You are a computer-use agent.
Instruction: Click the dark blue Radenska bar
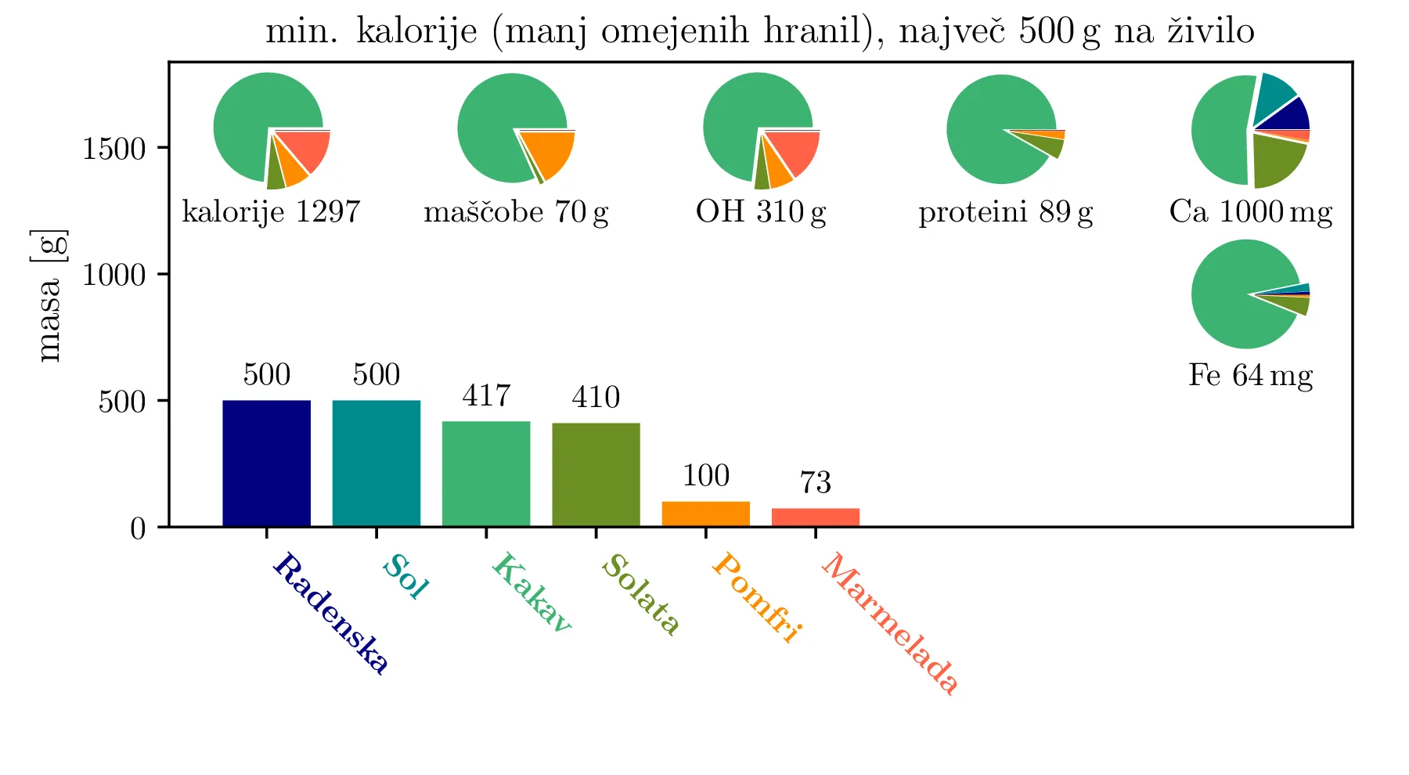266,463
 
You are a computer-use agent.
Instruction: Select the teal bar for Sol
376,463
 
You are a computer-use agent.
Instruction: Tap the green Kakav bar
486,474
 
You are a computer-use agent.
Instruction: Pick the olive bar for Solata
596,474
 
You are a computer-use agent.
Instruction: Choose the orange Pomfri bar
705,514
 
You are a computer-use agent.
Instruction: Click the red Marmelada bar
815,517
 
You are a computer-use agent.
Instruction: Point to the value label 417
486,396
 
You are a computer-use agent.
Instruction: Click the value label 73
815,483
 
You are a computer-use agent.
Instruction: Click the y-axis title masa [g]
50,295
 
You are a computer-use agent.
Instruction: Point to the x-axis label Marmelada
890,624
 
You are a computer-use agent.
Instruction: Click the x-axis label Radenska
330,614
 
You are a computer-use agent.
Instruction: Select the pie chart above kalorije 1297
271,130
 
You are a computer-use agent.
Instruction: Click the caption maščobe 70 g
516,212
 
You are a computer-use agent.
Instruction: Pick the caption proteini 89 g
1006,212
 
